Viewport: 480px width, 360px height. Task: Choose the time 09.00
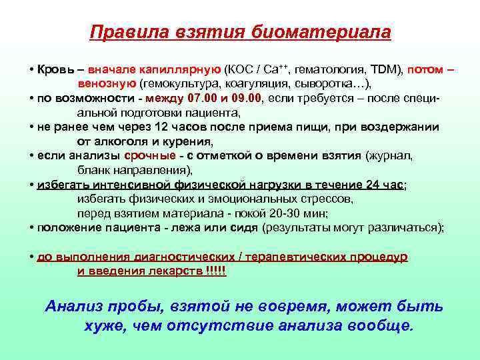coord(247,99)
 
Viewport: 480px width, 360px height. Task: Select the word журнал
coord(390,156)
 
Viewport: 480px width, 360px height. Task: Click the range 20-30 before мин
coord(289,213)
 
